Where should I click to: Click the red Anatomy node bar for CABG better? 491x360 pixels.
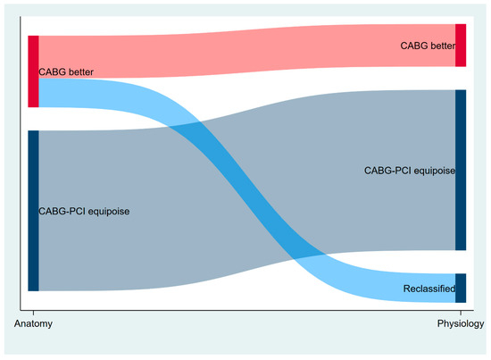(33, 71)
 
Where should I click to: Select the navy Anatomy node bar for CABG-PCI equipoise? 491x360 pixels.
(33, 210)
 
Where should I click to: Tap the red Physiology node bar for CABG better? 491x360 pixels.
(461, 46)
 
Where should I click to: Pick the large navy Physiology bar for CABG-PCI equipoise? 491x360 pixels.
(461, 170)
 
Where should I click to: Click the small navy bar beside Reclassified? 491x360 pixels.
(461, 289)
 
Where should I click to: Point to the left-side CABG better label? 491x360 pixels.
(67, 72)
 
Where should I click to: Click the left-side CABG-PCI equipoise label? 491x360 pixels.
(82, 212)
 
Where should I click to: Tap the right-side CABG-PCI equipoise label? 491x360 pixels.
(409, 170)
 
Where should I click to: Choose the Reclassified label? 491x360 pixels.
(429, 289)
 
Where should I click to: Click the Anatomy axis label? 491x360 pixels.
(33, 324)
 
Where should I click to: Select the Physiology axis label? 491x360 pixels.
(461, 324)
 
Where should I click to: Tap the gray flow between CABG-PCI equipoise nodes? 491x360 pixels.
(179, 197)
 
